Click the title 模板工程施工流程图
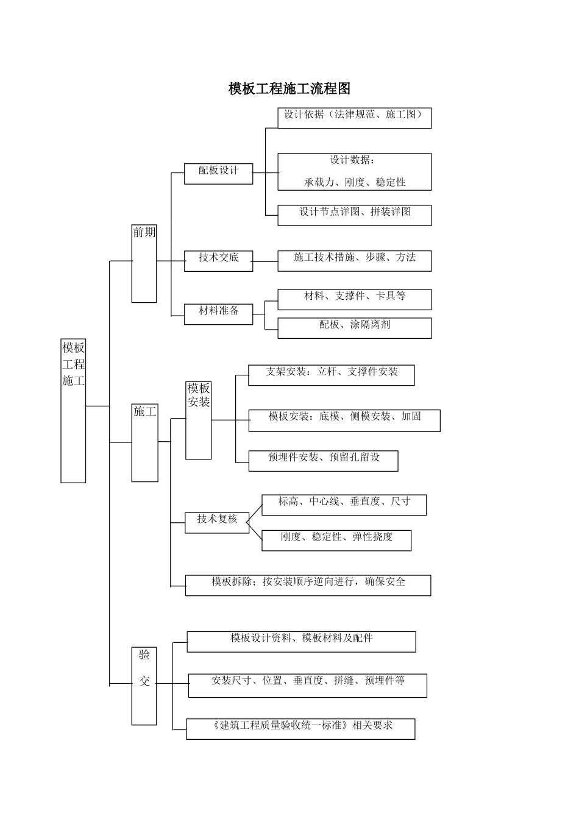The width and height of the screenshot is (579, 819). click(289, 89)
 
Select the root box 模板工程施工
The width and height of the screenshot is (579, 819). click(73, 410)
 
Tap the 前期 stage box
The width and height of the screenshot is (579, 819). click(144, 263)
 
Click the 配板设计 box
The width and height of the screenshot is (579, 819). click(218, 173)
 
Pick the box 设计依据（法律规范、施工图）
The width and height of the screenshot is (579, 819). click(354, 118)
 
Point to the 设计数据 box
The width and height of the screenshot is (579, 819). click(354, 172)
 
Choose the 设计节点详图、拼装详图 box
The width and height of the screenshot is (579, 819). click(354, 215)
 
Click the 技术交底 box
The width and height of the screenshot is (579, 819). click(218, 260)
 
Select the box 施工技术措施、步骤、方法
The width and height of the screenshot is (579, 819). click(354, 260)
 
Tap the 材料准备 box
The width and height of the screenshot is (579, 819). click(218, 314)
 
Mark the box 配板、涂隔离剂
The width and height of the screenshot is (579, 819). click(354, 328)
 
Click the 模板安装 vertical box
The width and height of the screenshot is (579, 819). click(199, 420)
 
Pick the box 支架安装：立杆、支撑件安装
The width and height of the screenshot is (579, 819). click(331, 375)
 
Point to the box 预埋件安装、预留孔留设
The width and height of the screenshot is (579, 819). click(323, 460)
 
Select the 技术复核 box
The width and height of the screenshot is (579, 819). click(217, 522)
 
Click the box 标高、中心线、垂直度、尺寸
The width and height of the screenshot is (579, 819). click(344, 505)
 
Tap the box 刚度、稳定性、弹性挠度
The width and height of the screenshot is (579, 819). click(336, 540)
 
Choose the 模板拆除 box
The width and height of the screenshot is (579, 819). click(308, 585)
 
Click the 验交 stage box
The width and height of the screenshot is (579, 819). click(144, 686)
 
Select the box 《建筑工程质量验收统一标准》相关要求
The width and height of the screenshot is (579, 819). click(300, 729)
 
